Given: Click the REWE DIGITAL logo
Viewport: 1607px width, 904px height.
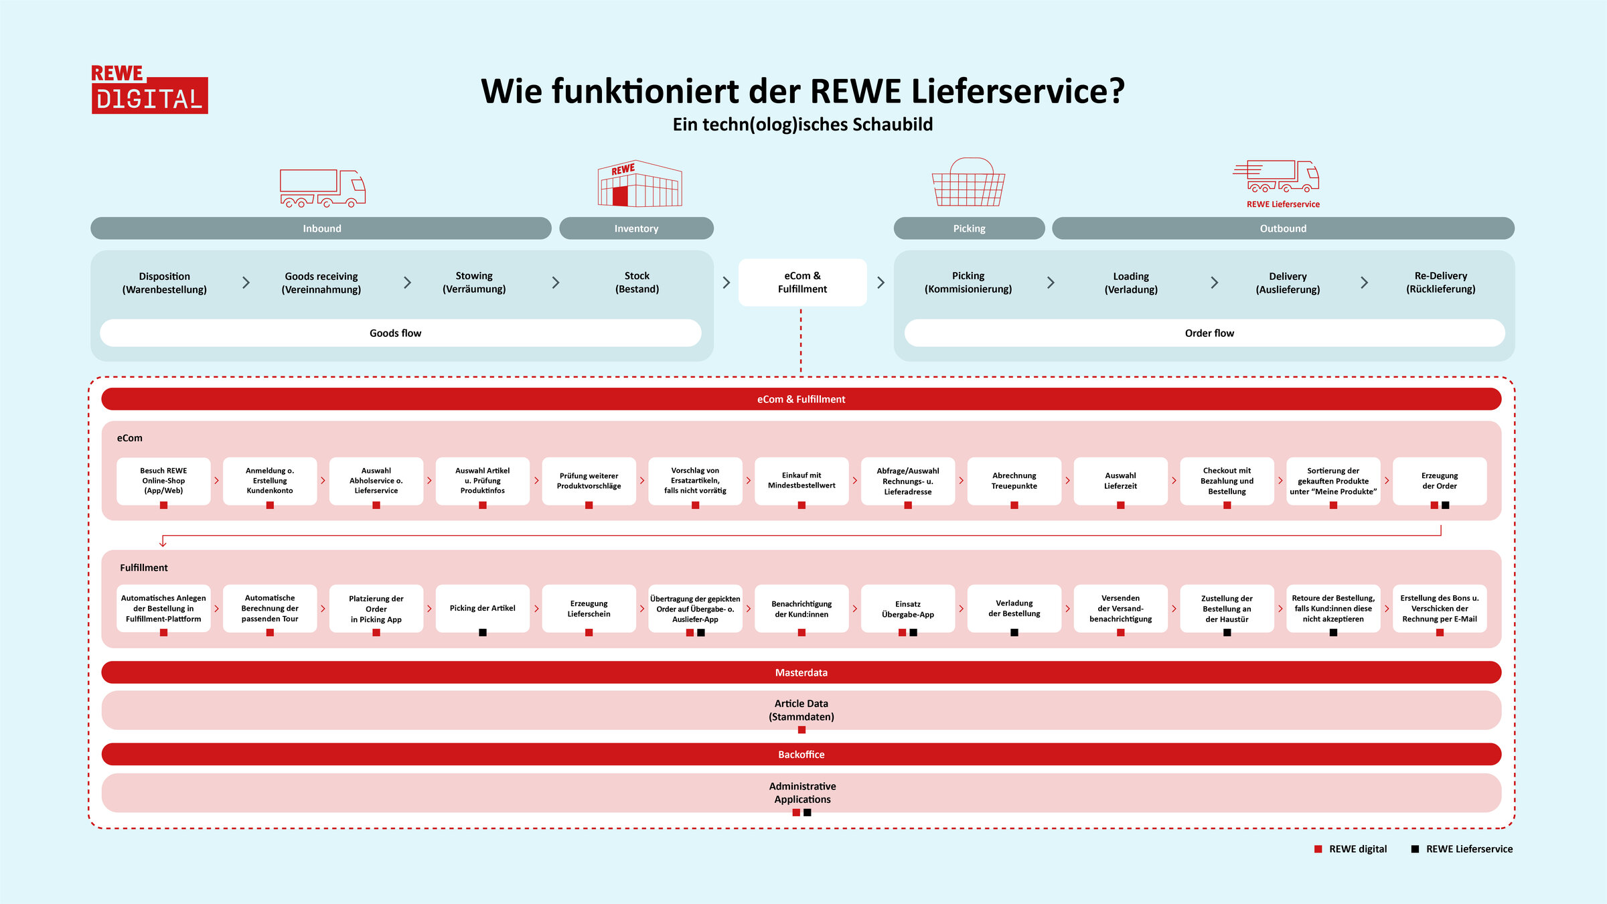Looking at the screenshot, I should pos(149,90).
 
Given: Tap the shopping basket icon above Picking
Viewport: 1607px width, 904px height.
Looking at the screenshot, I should pos(968,183).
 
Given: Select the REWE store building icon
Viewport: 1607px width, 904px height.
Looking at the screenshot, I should pos(639,184).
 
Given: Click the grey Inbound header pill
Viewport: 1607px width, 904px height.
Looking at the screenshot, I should pos(321,228).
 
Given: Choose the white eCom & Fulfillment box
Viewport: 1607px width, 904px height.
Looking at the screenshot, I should pos(802,283).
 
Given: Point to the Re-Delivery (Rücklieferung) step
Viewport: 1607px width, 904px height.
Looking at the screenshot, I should pos(1440,283).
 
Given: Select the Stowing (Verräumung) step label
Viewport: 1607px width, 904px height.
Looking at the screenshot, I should pos(474,283).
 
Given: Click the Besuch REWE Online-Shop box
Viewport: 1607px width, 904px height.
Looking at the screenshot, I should pos(163,481).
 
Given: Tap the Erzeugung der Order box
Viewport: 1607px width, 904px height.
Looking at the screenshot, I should pos(1439,481).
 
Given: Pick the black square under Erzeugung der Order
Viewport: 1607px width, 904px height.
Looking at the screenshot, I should pos(1445,506).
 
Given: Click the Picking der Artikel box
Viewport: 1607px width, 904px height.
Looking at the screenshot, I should pos(482,608).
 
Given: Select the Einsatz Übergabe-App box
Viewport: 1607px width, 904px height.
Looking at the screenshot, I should pos(907,609).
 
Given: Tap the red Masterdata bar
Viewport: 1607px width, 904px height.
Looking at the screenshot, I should pos(801,672).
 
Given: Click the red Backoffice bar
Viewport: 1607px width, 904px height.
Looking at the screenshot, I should pos(801,754).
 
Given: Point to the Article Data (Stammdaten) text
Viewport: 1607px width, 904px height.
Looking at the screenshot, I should pos(801,710).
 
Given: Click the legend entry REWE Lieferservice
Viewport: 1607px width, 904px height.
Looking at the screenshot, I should pos(1468,849).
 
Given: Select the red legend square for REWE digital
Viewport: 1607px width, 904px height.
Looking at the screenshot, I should pos(1318,849).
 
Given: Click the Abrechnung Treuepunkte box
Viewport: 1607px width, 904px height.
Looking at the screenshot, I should pos(1014,481).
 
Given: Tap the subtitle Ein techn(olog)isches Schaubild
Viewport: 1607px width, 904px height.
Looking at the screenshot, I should pos(802,125).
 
